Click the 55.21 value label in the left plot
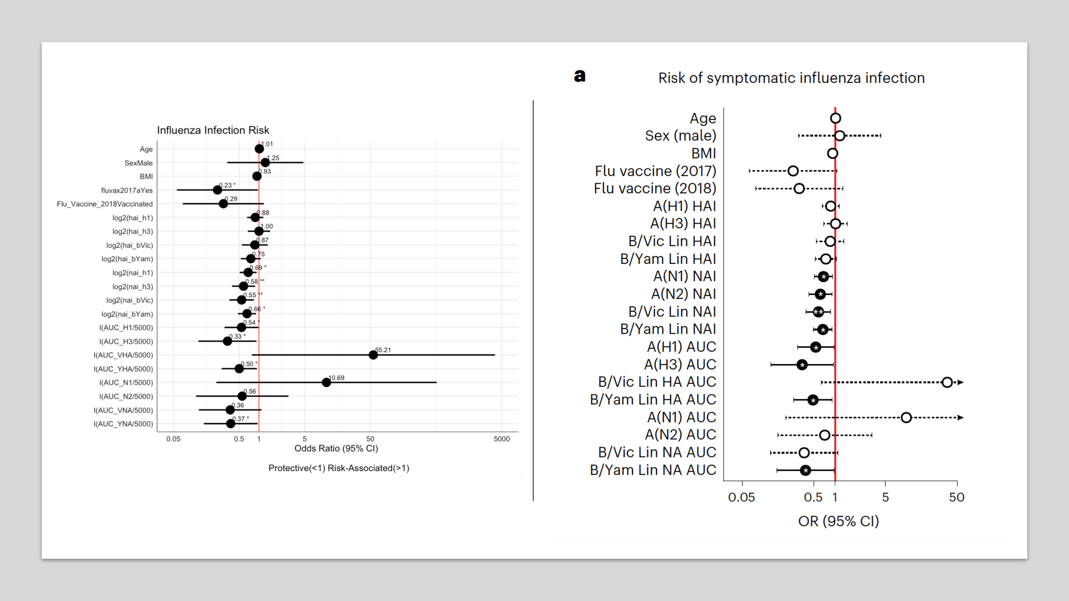[x=383, y=350]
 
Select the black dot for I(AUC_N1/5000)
[x=327, y=382]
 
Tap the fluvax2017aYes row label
[x=127, y=190]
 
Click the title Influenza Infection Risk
[x=213, y=130]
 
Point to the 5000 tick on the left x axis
[x=501, y=439]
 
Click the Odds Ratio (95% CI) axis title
[x=336, y=448]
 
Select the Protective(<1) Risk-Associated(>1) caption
[x=339, y=468]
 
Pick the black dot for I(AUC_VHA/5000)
[x=373, y=355]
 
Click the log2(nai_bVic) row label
[x=129, y=300]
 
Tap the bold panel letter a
[x=580, y=76]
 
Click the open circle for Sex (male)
[x=839, y=135]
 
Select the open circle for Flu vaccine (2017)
[x=793, y=171]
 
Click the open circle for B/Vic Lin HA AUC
[x=947, y=382]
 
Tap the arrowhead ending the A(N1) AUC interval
[x=960, y=418]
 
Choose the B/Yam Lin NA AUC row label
[x=653, y=470]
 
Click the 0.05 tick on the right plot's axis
[x=742, y=497]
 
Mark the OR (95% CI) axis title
[x=838, y=522]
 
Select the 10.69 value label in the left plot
[x=336, y=378]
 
